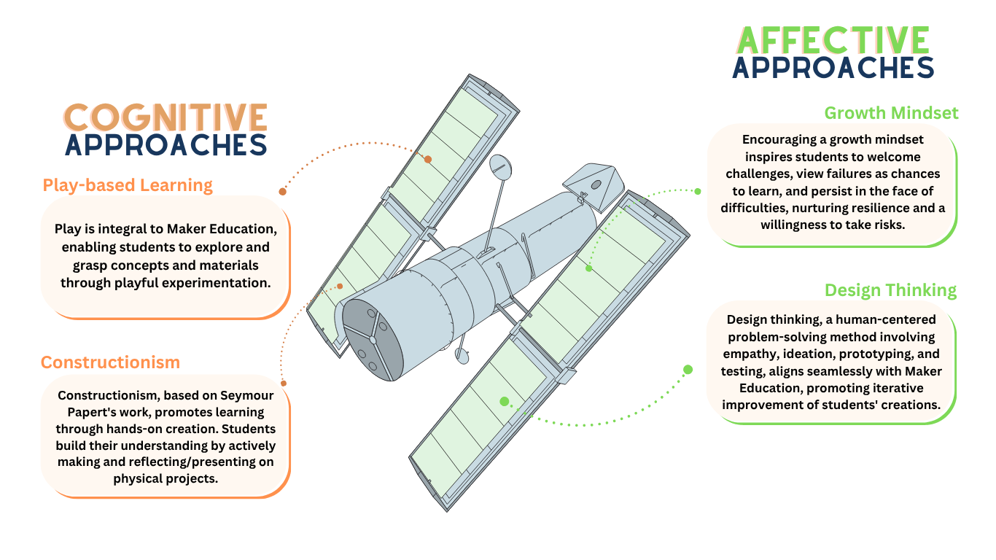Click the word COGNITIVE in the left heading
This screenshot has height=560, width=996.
(x=166, y=117)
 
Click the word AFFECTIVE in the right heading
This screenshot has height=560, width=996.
(x=833, y=39)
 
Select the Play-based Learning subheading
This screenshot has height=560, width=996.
(x=128, y=185)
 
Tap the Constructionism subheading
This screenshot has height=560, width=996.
(x=110, y=362)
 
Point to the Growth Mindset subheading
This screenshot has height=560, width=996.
(x=891, y=113)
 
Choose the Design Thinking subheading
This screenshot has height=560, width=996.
(x=890, y=290)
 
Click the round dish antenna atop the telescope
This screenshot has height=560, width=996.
(x=501, y=167)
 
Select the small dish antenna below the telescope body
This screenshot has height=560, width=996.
(x=462, y=355)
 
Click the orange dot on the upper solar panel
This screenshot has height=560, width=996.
(x=428, y=159)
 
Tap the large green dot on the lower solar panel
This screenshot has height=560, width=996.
(x=504, y=401)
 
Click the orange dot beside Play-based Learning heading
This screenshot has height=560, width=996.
(x=282, y=192)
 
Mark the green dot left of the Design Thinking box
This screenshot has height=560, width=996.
(x=688, y=369)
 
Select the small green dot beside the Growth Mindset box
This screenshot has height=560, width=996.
(x=698, y=191)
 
